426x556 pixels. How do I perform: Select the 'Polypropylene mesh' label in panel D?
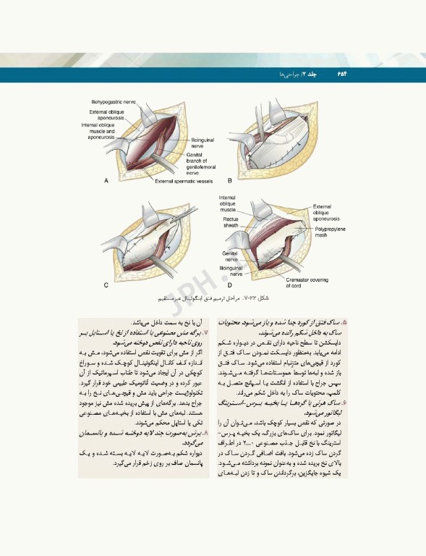point(333,232)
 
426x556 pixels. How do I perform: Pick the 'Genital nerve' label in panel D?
point(231,256)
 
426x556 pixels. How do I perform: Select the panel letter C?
point(106,285)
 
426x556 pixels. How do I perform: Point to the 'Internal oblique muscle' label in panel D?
point(227,203)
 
